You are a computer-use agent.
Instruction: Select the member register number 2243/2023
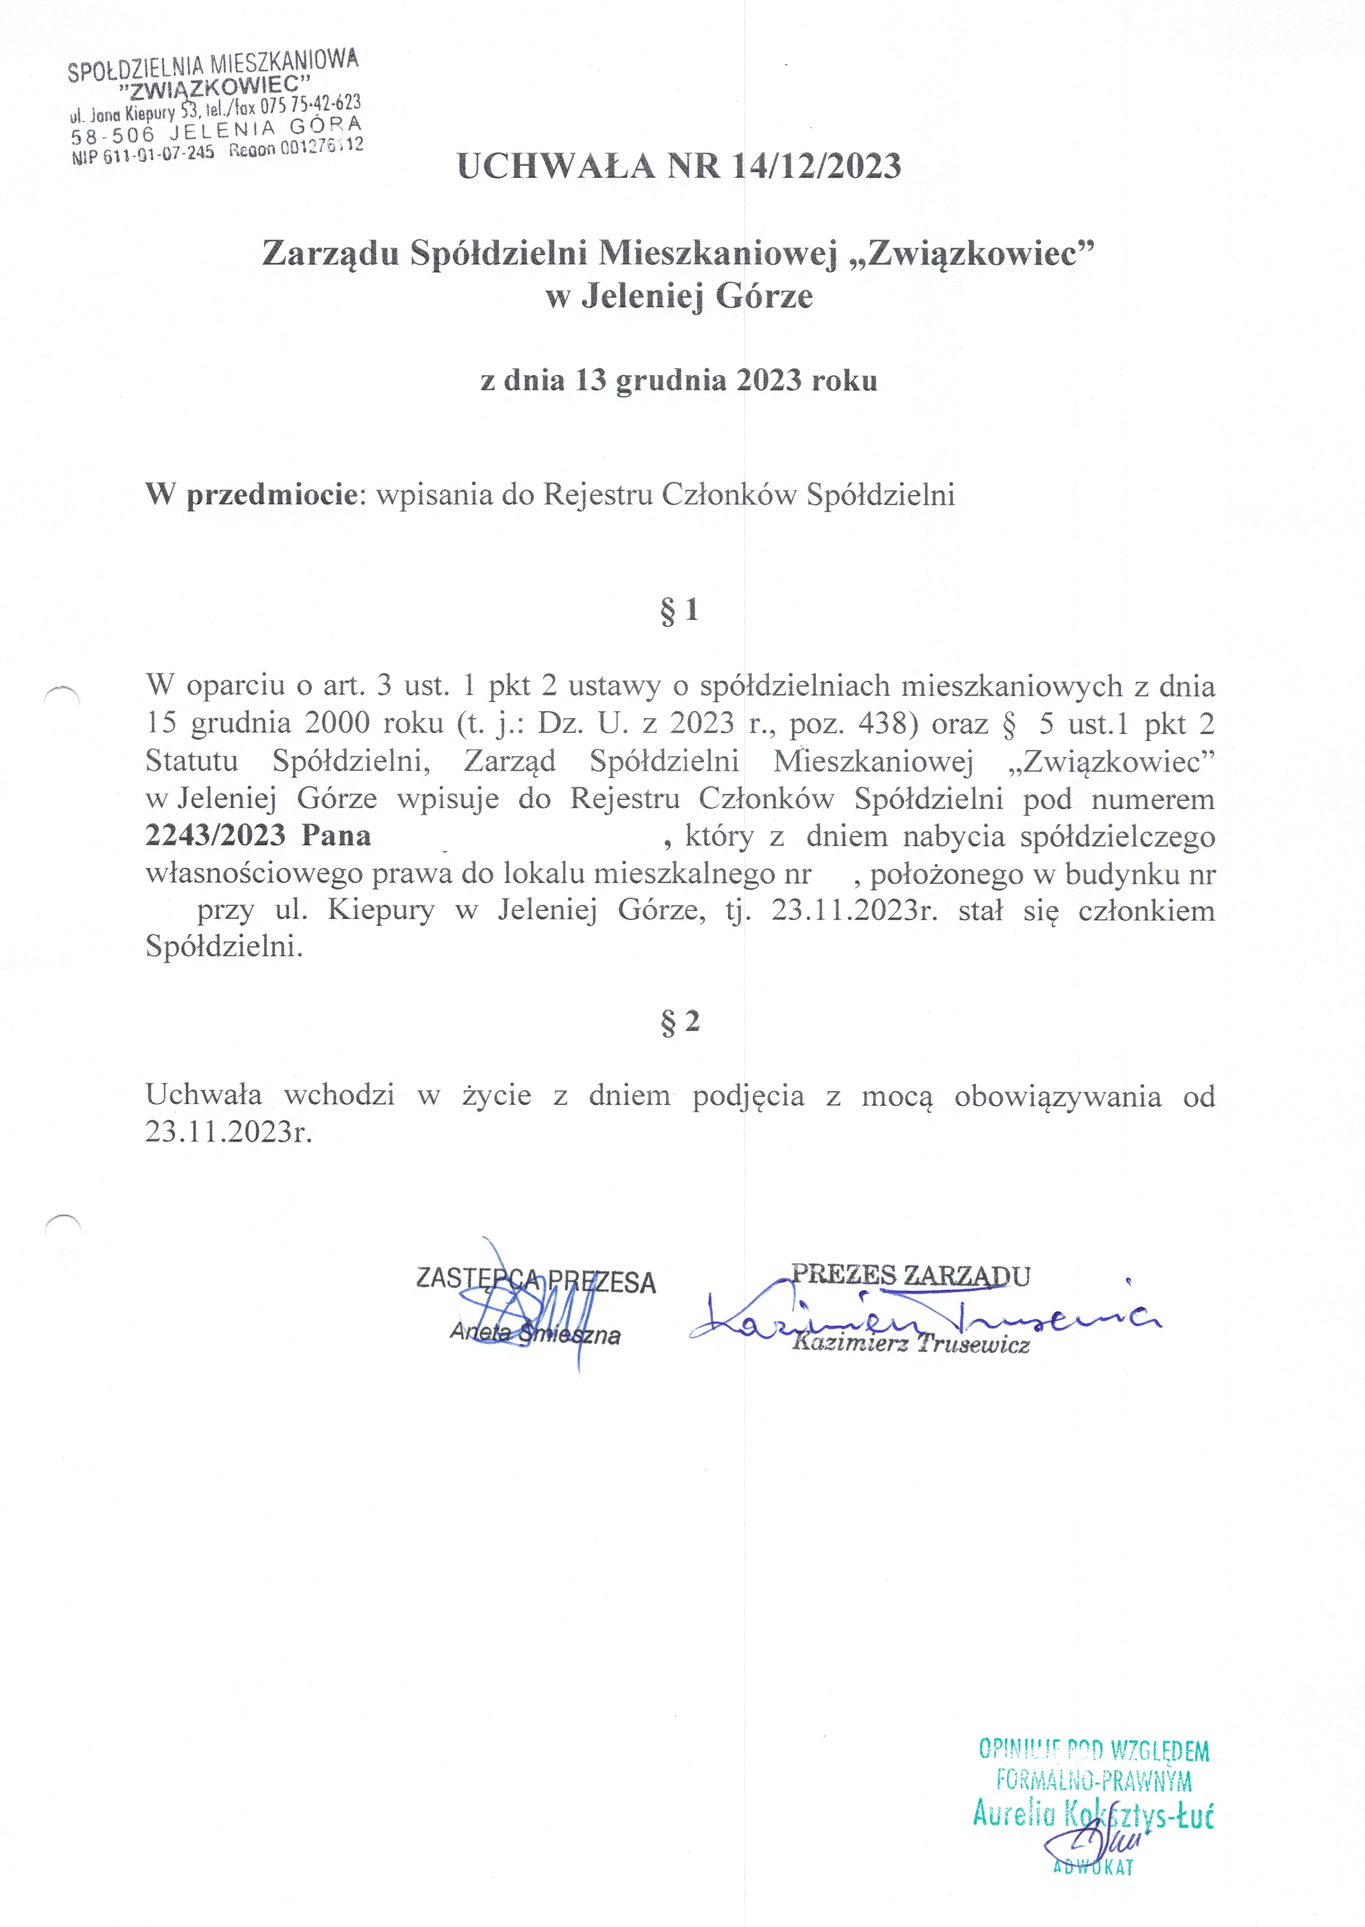[215, 836]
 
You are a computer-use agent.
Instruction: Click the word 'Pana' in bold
[336, 836]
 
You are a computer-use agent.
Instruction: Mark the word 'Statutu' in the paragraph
[192, 761]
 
